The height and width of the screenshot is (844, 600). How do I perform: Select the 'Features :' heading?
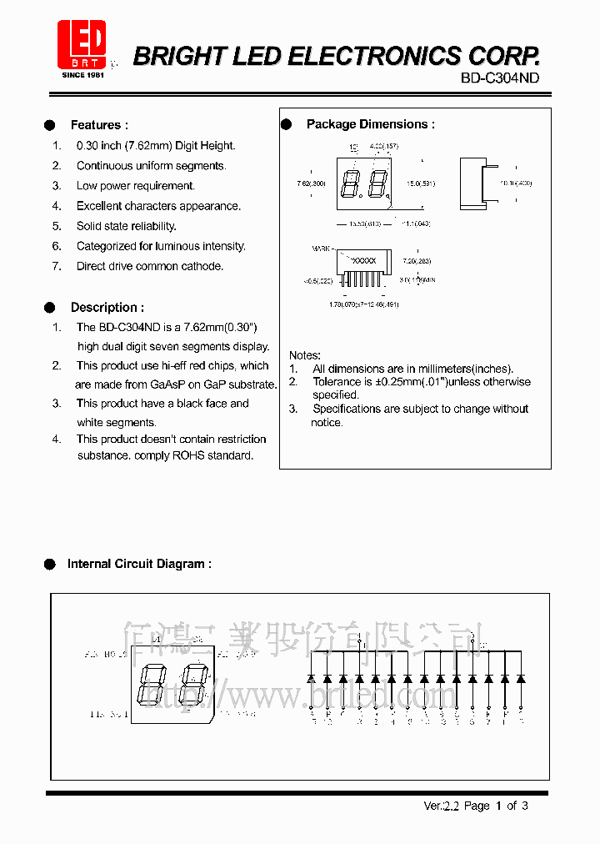tap(99, 125)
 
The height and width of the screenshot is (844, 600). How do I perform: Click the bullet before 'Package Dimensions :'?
tap(286, 124)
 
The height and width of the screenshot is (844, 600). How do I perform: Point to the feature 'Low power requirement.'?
tap(135, 186)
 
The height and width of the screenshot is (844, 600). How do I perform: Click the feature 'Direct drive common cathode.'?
tap(150, 266)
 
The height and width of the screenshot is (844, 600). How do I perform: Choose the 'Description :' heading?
tap(107, 307)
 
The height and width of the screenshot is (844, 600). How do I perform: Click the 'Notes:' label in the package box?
tap(304, 355)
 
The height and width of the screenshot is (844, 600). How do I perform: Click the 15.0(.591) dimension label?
tap(421, 183)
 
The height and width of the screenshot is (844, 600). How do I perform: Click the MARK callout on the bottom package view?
tap(321, 248)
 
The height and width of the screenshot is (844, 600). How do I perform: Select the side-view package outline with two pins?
tap(472, 183)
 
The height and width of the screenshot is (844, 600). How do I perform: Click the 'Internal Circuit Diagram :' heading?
tap(139, 564)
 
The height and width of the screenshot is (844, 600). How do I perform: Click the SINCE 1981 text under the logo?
tap(82, 75)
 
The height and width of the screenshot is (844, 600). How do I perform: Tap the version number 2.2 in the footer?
tap(452, 806)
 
